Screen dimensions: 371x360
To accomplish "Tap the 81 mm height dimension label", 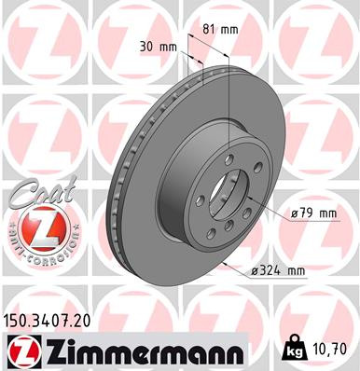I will (x=221, y=29).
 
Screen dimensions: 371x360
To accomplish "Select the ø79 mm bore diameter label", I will (x=313, y=213).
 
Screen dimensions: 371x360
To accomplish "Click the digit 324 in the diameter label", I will (x=270, y=271).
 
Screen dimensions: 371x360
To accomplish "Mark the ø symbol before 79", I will (x=294, y=213).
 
